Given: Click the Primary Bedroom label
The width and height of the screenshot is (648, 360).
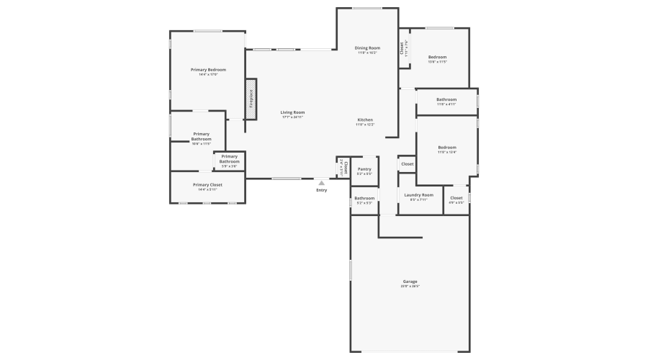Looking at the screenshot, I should [208, 70].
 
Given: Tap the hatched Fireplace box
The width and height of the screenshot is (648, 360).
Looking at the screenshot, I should [251, 98].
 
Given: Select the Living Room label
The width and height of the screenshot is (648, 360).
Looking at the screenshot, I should [292, 112].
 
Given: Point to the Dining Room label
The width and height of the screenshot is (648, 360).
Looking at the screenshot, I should [367, 48].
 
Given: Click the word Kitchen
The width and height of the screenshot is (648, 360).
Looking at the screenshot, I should [365, 120].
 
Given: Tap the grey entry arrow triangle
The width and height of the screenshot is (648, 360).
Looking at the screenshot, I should [321, 183].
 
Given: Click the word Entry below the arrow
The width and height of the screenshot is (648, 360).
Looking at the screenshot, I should [321, 190].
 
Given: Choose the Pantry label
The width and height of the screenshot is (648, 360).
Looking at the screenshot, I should [364, 169].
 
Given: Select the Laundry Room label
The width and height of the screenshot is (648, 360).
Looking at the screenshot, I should [418, 195].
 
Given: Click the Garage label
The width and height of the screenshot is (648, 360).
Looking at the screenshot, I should [410, 282].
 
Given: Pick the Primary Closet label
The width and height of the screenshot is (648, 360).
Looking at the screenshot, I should [207, 185].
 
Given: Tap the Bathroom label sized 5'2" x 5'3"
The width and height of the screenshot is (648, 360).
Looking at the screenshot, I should [364, 198].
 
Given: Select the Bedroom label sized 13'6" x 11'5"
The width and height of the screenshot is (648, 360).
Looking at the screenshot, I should [438, 57].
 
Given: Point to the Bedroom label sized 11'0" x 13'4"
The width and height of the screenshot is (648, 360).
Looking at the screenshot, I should [447, 148].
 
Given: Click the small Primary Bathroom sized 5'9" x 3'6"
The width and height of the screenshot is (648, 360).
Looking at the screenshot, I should [230, 158].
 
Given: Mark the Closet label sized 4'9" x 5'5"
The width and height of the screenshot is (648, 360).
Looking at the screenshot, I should [456, 198].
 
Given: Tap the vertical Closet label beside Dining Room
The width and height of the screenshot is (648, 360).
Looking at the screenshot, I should [402, 48].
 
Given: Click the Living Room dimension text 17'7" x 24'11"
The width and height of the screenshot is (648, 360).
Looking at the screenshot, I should [292, 117].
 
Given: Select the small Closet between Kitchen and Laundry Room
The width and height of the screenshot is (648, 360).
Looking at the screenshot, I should [408, 164].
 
